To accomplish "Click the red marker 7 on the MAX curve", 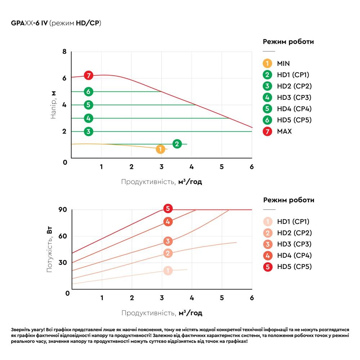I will [x=89, y=76].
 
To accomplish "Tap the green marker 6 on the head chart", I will [x=89, y=92].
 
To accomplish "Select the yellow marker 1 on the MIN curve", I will [x=161, y=149].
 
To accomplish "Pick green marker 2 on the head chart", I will [x=177, y=144].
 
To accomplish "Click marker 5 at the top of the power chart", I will [x=167, y=208].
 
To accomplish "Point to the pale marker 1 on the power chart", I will [x=168, y=271].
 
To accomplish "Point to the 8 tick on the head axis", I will [x=65, y=52].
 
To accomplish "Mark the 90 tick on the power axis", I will [x=63, y=210].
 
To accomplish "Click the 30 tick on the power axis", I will [x=63, y=263].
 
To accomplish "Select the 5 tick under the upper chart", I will [x=222, y=167].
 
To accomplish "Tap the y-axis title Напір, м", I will [x=54, y=105].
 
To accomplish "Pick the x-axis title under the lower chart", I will [x=162, y=313].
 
